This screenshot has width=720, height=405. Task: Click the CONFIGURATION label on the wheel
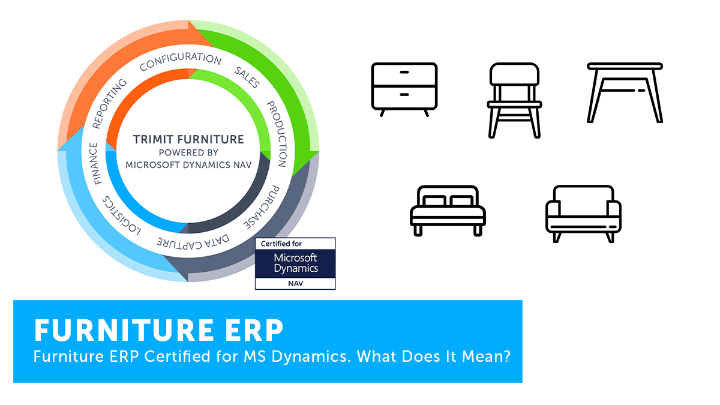[181, 61]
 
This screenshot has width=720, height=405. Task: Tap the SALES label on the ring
[247, 77]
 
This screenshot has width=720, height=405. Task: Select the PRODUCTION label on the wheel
[277, 134]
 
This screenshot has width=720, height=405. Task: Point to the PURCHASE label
[262, 207]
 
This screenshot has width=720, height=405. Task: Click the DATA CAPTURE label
[193, 242]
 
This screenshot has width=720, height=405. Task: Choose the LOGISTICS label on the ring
[121, 215]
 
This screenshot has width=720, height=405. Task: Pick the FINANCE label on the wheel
[95, 164]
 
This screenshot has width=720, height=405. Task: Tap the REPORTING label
[109, 103]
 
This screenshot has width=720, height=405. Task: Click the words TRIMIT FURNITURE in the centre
[188, 139]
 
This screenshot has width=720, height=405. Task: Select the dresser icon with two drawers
[404, 89]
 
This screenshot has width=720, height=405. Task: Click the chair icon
[514, 100]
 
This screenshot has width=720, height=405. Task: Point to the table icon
[625, 92]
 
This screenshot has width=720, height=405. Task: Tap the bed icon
[448, 211]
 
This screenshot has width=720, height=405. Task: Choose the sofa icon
[583, 214]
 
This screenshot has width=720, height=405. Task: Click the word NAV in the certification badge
[295, 284]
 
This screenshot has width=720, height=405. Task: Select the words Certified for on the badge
[281, 244]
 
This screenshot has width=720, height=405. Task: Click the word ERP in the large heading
[254, 330]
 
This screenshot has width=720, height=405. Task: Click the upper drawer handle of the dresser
[404, 73]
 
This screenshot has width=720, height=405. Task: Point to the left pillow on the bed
[434, 201]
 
